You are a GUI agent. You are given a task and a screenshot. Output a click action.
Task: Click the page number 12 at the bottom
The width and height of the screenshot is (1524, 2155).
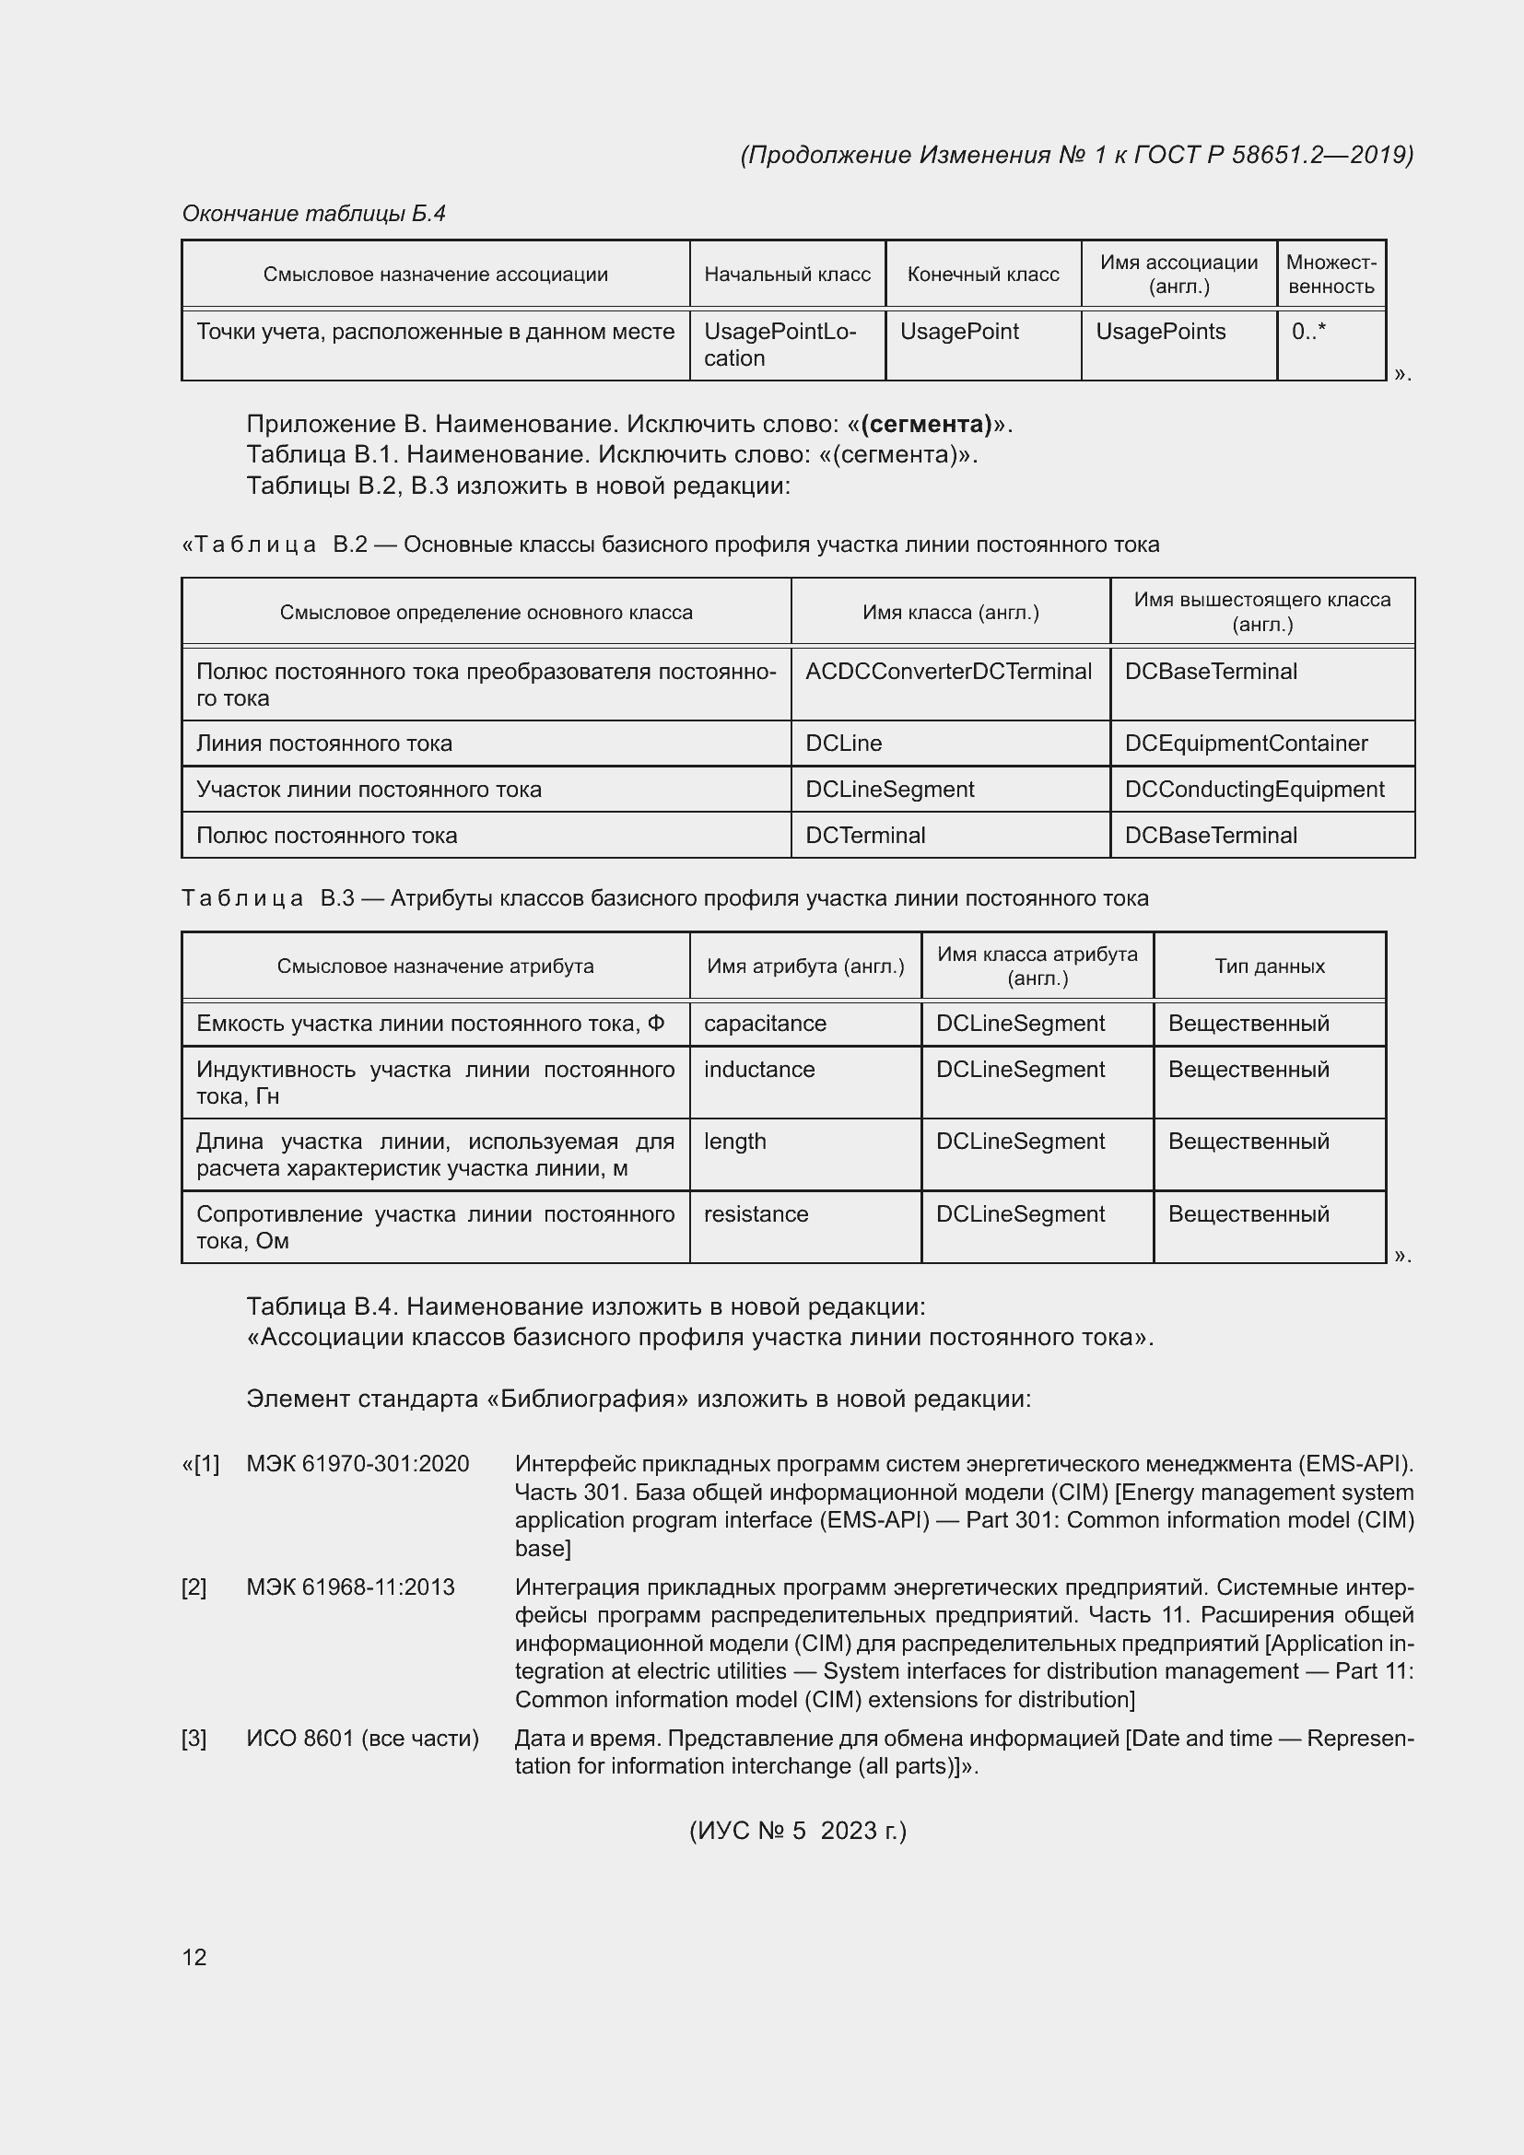tap(194, 1956)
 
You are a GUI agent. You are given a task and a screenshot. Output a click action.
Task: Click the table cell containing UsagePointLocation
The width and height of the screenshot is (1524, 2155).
tap(780, 345)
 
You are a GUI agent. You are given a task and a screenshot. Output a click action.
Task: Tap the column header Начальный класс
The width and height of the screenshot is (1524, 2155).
tap(787, 274)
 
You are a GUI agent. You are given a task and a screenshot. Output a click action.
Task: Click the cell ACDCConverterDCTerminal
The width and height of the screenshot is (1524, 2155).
tap(949, 672)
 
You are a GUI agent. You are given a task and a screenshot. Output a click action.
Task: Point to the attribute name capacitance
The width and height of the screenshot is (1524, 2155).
tap(765, 1023)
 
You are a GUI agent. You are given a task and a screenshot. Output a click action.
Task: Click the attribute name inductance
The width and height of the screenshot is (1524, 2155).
tap(759, 1070)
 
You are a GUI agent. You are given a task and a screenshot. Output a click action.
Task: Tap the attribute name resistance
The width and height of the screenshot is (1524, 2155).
tap(756, 1214)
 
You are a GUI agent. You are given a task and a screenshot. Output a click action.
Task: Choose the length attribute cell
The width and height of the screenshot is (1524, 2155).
tap(734, 1142)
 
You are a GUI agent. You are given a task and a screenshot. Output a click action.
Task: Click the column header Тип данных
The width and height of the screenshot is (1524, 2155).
tap(1270, 966)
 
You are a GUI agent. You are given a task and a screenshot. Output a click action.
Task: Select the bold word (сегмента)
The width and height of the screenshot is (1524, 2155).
tap(926, 424)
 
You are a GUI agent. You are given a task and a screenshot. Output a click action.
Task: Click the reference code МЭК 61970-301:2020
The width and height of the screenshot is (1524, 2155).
tap(358, 1463)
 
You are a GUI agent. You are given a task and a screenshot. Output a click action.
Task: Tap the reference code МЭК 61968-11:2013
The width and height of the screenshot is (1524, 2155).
tap(350, 1587)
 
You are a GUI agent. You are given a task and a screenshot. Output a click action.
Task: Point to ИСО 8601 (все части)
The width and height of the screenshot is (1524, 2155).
tap(362, 1739)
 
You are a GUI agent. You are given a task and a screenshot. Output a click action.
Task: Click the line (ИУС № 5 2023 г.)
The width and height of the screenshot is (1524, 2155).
tap(798, 1831)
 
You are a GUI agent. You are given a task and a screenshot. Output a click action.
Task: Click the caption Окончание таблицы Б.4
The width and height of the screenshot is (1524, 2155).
tap(313, 214)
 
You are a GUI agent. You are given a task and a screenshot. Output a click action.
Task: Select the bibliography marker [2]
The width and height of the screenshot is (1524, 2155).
tap(194, 1587)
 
